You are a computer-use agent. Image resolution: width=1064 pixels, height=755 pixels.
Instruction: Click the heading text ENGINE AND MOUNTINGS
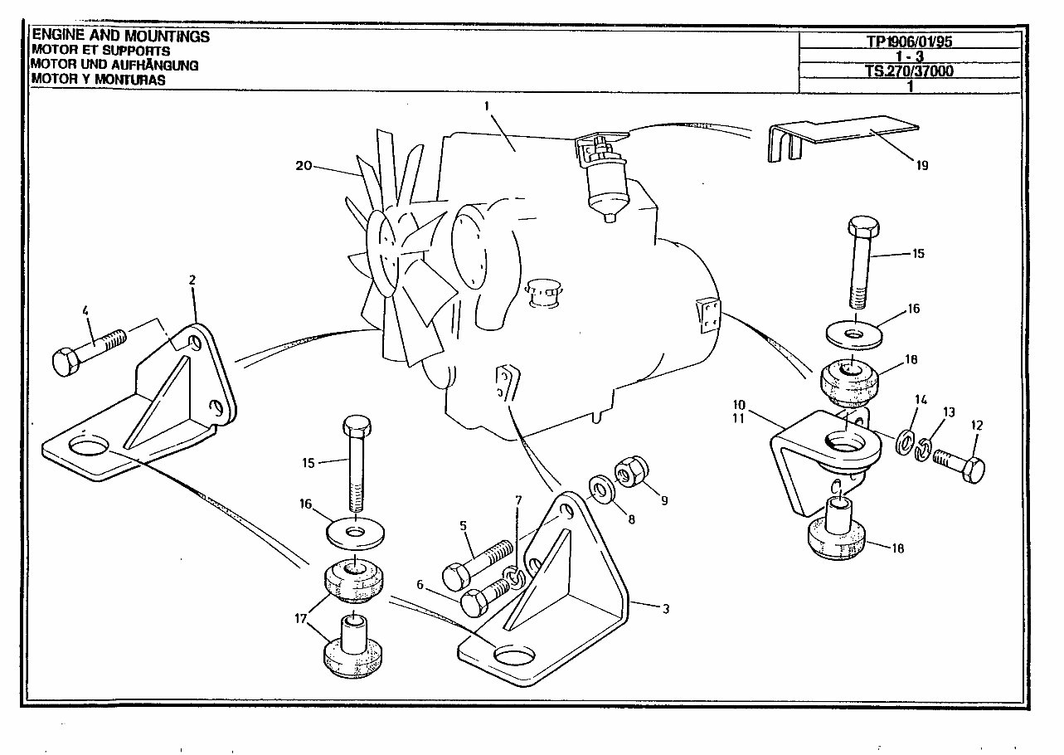click(120, 37)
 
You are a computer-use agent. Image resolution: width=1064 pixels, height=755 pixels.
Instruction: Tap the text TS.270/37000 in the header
click(910, 71)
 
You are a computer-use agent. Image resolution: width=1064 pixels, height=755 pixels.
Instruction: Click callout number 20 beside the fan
click(304, 166)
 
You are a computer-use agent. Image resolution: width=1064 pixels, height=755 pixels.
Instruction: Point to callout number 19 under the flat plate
click(922, 165)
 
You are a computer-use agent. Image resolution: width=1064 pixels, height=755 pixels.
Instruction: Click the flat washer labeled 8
click(598, 488)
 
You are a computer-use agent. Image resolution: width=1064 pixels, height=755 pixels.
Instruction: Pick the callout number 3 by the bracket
click(665, 608)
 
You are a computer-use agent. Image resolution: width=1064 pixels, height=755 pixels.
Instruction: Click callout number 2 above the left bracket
click(192, 280)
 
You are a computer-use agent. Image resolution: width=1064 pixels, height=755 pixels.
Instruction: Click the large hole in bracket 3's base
click(512, 656)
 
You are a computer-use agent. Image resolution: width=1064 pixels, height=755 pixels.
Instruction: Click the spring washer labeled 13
click(926, 449)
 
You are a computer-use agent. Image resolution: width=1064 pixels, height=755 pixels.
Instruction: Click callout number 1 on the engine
click(488, 105)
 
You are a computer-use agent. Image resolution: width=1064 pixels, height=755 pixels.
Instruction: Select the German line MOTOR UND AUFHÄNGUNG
click(114, 65)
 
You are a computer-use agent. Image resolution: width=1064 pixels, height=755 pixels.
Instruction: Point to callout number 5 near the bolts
click(464, 525)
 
